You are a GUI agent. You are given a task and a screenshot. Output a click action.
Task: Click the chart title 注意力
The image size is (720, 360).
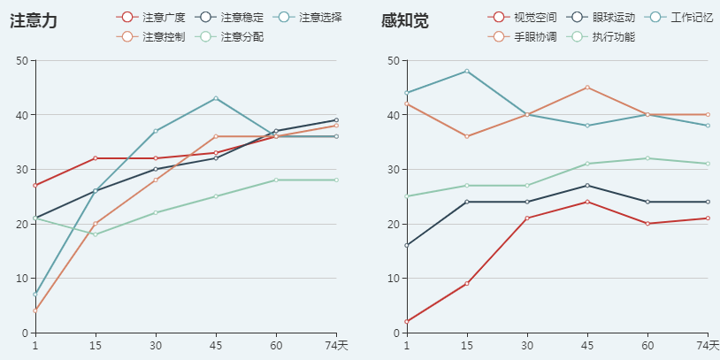34,21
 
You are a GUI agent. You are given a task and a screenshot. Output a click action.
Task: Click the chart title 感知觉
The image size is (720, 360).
405,21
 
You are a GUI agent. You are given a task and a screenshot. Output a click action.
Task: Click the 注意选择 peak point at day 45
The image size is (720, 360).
216,98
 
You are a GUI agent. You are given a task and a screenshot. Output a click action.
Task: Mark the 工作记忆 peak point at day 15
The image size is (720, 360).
466,71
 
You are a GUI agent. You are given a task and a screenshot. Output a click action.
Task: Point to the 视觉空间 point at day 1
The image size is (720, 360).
406,322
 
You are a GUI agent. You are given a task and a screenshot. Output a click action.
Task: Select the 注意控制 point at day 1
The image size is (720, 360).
34,310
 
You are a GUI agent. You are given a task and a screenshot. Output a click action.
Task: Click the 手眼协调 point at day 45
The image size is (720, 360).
587,88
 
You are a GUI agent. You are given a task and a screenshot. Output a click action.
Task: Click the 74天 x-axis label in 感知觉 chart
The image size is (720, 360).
708,345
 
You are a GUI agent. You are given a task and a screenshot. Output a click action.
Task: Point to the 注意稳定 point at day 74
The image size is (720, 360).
336,120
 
